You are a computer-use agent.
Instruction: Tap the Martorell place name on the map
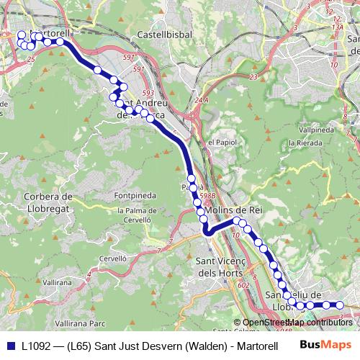click(x=52, y=33)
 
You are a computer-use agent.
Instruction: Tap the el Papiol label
click(x=222, y=142)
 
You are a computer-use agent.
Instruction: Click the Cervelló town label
click(x=113, y=257)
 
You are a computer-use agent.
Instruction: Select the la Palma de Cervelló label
click(x=130, y=216)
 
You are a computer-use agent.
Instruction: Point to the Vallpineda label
click(x=315, y=130)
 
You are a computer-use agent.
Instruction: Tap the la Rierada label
click(x=305, y=143)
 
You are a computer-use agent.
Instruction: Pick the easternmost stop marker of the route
click(x=340, y=305)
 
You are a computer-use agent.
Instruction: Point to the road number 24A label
click(x=201, y=100)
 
